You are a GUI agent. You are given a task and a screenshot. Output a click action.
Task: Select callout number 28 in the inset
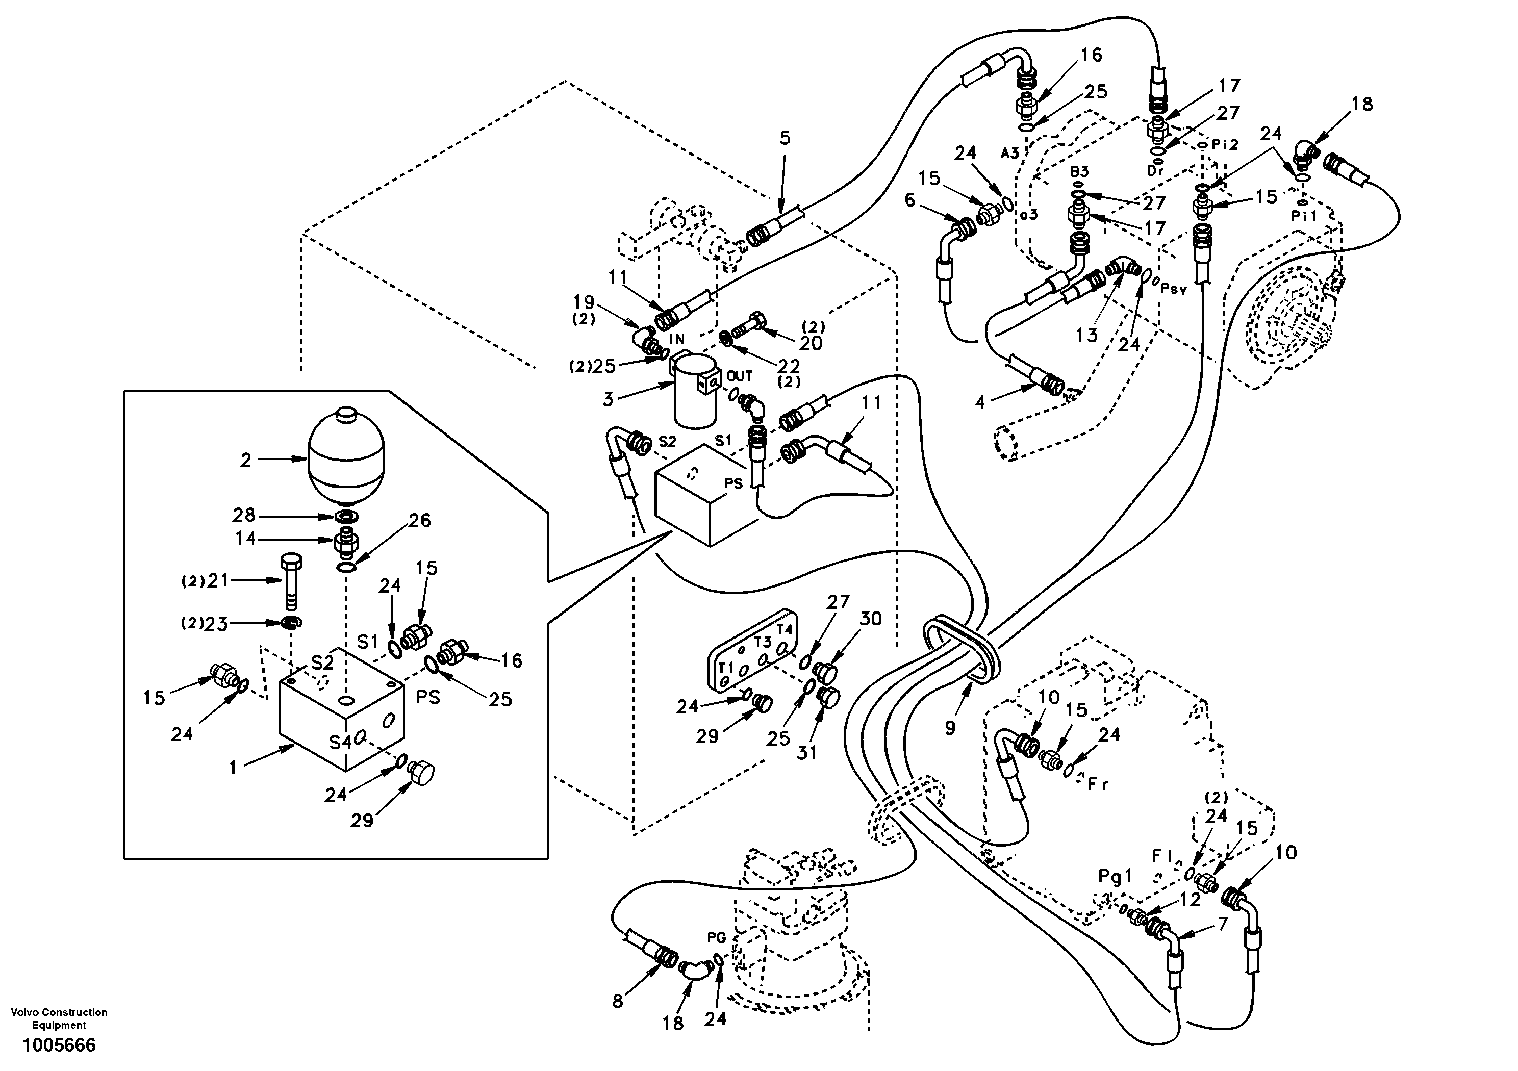[x=244, y=515]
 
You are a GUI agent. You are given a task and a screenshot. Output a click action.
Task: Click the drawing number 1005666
[x=59, y=1045]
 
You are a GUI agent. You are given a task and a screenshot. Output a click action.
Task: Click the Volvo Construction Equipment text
[x=59, y=1018]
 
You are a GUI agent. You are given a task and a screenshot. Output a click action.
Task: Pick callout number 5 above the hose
[x=784, y=138]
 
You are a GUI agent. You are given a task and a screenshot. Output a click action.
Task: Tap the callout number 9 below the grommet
[x=950, y=728]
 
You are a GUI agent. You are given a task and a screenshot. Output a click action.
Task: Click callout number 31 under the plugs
[x=806, y=753]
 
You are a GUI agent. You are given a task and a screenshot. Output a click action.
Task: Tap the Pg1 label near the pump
[x=1116, y=877]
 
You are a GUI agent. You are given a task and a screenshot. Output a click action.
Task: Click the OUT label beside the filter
[x=739, y=376]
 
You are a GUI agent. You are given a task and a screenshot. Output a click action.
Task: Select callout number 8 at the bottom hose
[x=618, y=1002]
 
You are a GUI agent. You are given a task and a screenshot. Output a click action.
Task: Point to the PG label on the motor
[x=717, y=938]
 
